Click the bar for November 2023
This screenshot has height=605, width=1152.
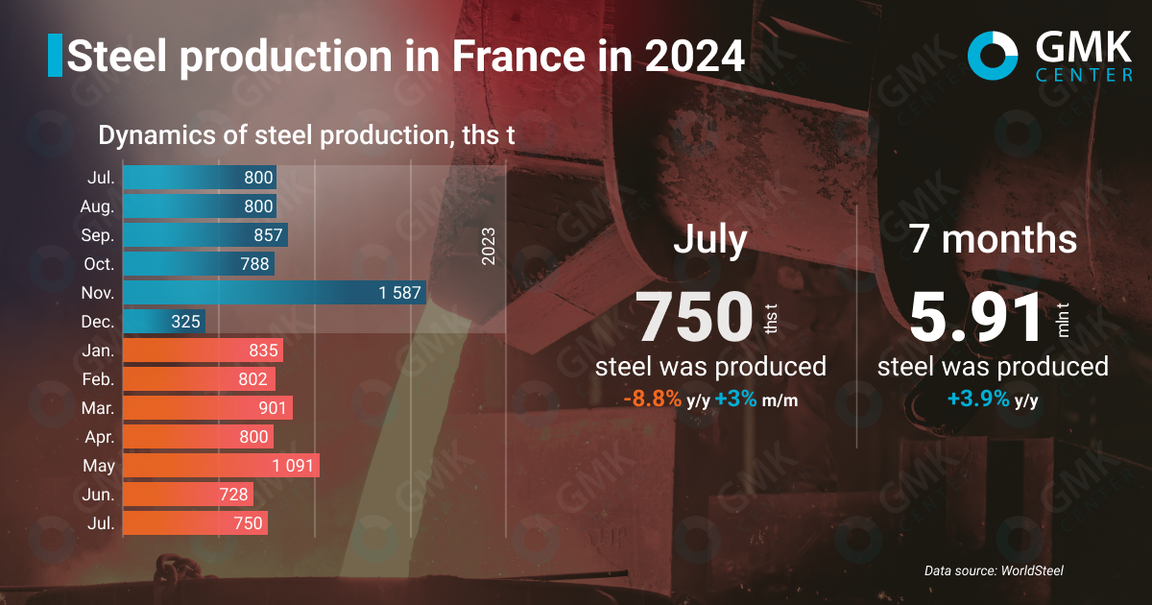point(274,293)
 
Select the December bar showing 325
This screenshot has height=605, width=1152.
point(163,322)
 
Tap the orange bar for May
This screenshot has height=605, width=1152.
point(221,466)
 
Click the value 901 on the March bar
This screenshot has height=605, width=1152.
point(274,408)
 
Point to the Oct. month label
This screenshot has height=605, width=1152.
point(98,264)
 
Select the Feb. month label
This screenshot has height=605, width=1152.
point(98,379)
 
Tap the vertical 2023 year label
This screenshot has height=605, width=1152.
point(488,247)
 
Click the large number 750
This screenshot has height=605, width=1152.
point(695,318)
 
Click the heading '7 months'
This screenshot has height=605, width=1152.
point(994,239)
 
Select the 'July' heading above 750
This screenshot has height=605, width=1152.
point(710,239)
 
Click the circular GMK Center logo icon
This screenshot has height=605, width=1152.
point(993,55)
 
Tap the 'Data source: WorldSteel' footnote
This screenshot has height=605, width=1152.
point(994,570)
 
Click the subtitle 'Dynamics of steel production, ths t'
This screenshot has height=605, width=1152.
point(307,135)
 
